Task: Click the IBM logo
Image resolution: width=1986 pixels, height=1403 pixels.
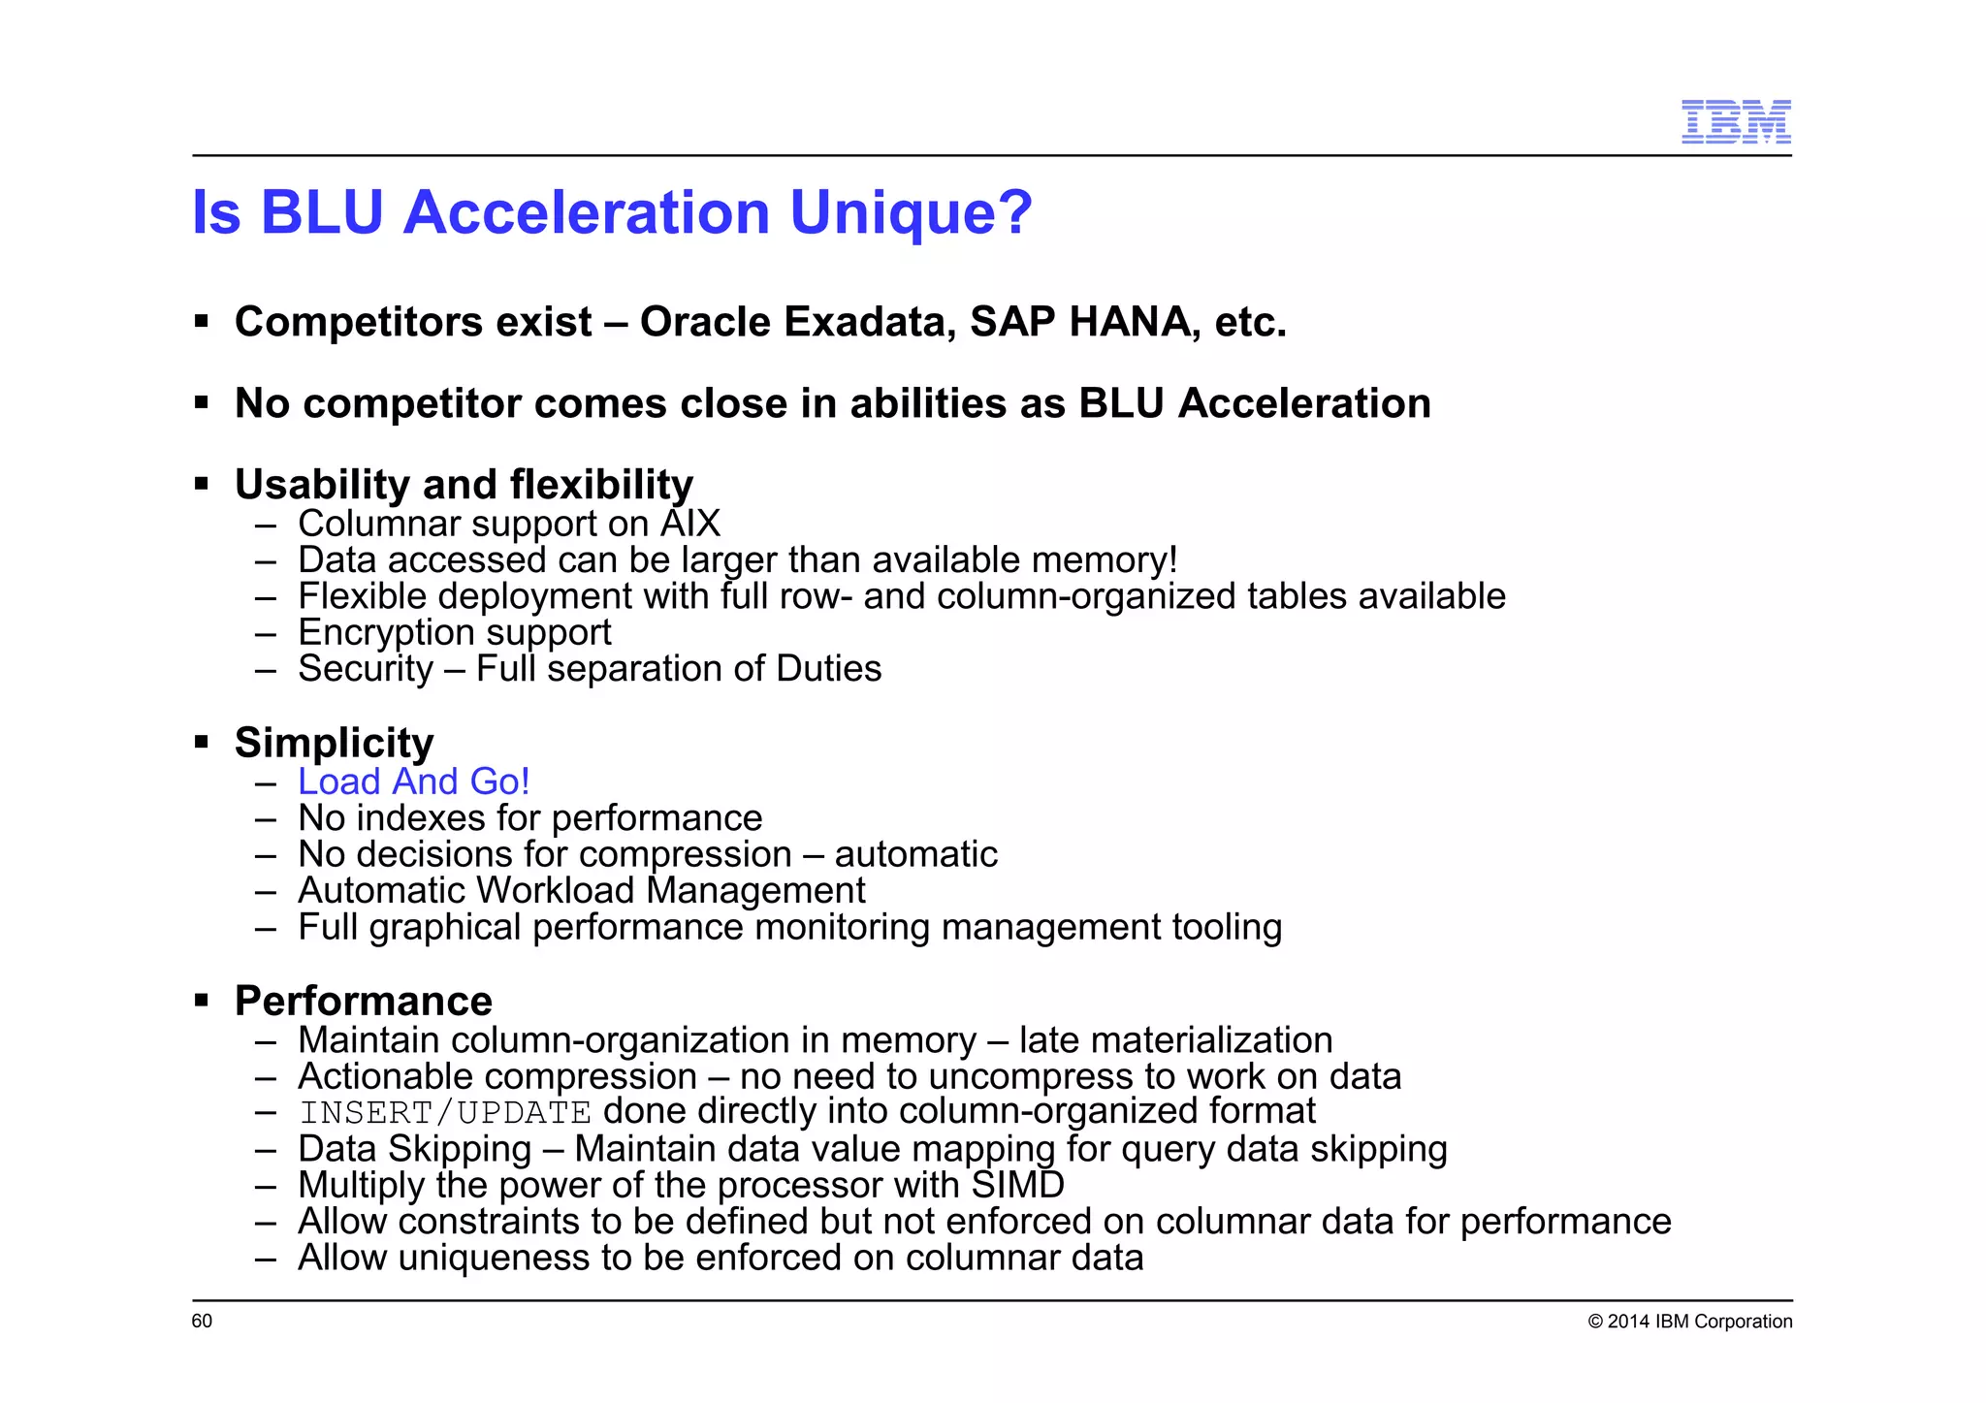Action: coord(1735,122)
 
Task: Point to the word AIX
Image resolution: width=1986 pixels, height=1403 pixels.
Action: coord(690,524)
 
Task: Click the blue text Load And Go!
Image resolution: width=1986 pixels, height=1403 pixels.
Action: coord(413,781)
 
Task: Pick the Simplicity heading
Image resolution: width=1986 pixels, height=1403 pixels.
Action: coord(334,743)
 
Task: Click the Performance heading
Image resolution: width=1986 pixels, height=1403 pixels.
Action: coord(363,1001)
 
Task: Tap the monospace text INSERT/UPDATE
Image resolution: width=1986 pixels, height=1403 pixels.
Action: coord(445,1112)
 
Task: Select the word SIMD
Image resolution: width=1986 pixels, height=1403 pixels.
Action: coord(1017,1185)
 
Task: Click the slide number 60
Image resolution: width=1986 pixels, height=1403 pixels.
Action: coord(202,1321)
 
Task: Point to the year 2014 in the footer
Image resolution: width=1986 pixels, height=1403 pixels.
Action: coord(1628,1322)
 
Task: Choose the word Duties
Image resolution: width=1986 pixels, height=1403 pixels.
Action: coord(828,669)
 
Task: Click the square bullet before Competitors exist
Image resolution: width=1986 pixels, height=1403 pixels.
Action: coord(202,321)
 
